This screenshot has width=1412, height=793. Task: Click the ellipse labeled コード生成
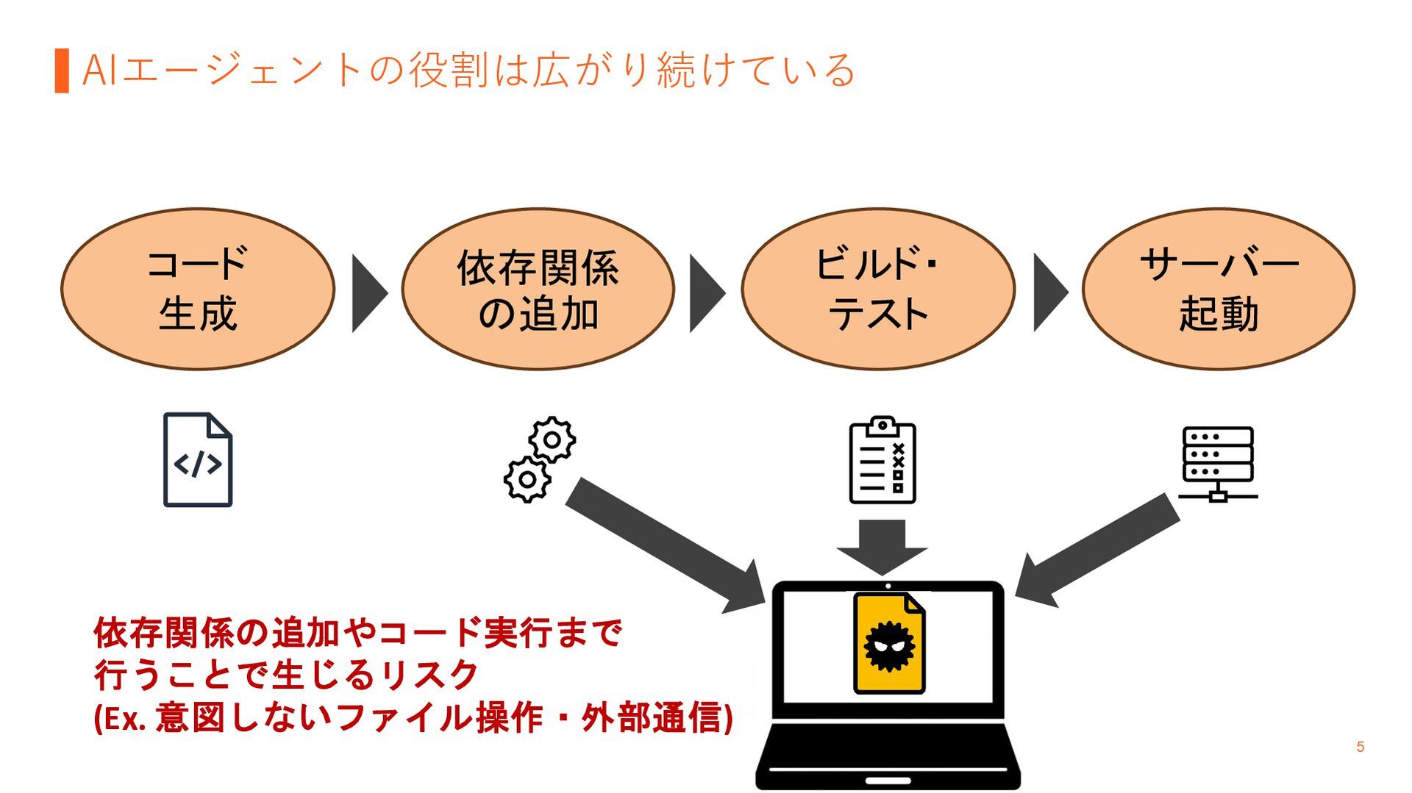198,289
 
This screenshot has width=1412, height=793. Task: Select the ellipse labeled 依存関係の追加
538,289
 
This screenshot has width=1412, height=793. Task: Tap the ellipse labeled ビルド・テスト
878,289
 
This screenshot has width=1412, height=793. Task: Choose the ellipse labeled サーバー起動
1219,289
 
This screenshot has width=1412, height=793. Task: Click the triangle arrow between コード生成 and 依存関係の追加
369,293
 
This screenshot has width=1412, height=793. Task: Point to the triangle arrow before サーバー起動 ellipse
1050,293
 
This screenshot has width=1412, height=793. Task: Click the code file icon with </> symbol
197,460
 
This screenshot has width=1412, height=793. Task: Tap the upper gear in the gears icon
552,439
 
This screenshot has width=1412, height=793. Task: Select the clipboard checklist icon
883,460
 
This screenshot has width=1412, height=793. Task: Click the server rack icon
1218,464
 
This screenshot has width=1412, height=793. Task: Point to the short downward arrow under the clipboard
883,548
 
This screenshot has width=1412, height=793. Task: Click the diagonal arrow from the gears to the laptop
666,545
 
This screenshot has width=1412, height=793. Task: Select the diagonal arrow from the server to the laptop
1097,550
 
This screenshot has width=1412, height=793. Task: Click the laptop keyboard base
888,756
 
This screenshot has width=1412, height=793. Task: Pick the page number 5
1361,747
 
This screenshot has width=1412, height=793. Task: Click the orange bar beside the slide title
62,71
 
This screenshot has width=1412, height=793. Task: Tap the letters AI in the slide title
99,71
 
